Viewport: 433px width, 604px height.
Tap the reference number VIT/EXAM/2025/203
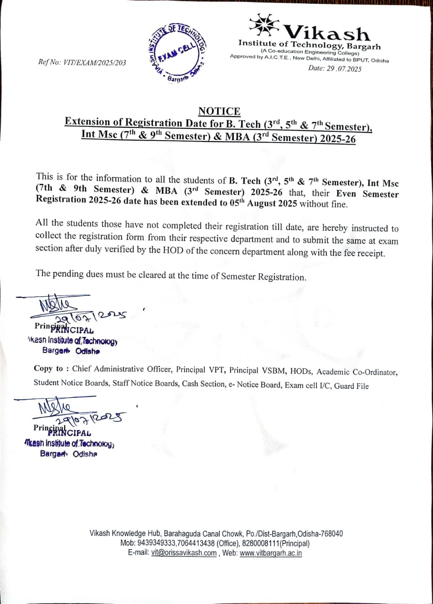point(94,62)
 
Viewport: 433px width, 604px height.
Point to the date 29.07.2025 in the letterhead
point(343,69)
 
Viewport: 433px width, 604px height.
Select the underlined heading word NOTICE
point(219,111)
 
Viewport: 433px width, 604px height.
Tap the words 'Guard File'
point(351,386)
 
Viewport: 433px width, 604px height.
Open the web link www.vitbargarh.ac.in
point(271,553)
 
